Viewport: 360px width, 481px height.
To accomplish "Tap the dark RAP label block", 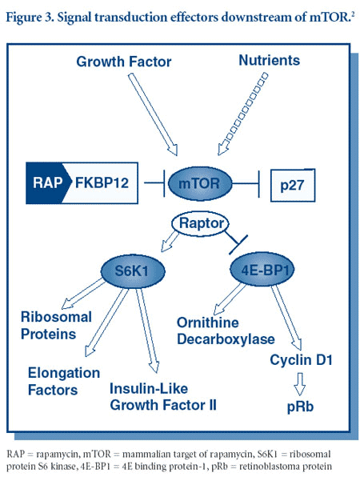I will (x=49, y=182).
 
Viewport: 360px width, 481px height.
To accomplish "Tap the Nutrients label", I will (x=270, y=62).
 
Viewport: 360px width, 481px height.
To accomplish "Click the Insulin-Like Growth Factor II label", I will (x=163, y=395).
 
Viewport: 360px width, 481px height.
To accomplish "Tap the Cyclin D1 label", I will (x=297, y=362).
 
